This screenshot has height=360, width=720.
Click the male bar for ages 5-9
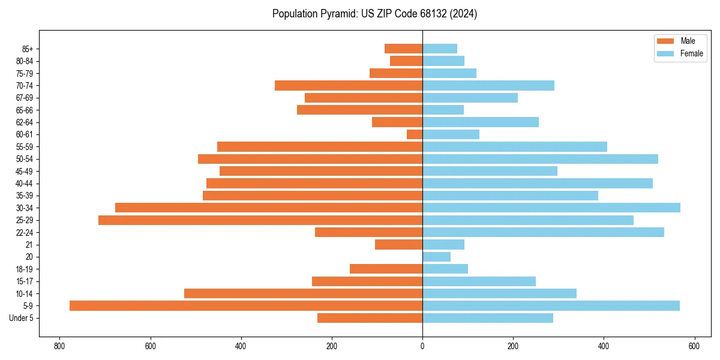point(246,306)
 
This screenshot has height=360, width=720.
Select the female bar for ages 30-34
point(551,208)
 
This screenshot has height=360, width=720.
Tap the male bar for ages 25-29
point(260,220)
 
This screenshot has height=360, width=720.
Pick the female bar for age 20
point(437,257)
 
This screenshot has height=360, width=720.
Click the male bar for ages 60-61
point(415,134)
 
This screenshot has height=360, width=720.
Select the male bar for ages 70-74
point(349,85)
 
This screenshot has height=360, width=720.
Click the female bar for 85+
point(440,49)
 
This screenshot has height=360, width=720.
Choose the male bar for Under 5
point(370,318)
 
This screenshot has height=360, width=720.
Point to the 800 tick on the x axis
point(59,346)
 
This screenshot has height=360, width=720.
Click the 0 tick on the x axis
point(422,346)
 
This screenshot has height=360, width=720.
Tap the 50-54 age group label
point(25,159)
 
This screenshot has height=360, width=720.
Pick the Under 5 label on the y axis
point(22,318)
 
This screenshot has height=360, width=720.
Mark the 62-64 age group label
point(25,122)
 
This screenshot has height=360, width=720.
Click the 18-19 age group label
point(25,269)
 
